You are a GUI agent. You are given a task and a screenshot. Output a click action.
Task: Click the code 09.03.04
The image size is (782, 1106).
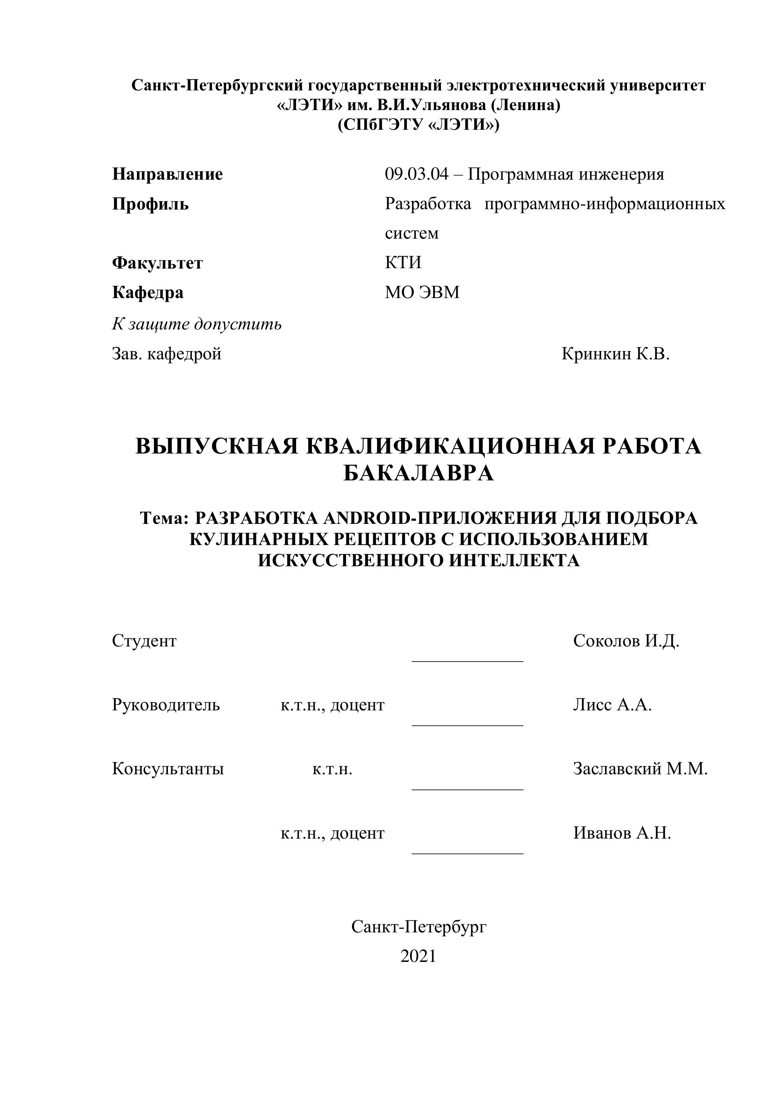click(416, 174)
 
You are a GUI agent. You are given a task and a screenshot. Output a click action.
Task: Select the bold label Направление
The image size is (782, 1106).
click(168, 174)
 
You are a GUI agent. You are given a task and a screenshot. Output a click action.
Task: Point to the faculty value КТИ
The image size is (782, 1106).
click(403, 263)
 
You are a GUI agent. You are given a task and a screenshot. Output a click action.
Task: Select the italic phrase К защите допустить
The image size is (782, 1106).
click(197, 324)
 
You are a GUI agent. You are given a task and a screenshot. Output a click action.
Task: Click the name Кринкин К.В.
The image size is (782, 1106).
click(615, 354)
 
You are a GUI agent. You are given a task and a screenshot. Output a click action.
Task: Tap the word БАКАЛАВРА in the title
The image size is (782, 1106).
click(419, 474)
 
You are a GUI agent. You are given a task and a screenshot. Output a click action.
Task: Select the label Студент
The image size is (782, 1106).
click(144, 641)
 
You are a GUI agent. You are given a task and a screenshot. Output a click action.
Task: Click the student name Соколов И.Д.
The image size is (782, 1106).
click(626, 641)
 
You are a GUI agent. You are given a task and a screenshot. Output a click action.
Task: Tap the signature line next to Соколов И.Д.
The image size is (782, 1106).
click(467, 662)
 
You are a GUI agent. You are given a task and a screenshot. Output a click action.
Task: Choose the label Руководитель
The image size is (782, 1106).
click(166, 705)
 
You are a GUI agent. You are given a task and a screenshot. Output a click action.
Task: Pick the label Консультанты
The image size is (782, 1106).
click(168, 769)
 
